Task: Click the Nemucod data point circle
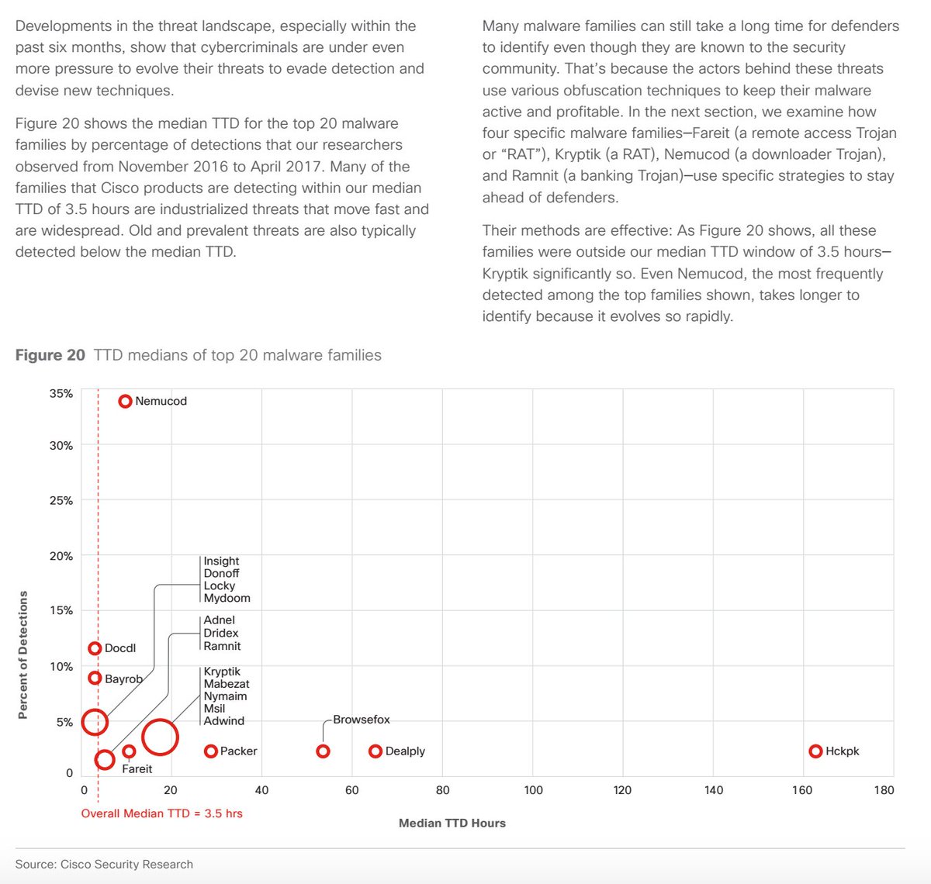click(x=125, y=401)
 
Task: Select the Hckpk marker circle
click(x=815, y=751)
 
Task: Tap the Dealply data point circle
click(x=376, y=751)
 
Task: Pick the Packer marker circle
click(x=210, y=751)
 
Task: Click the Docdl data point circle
click(x=95, y=648)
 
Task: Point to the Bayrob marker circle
click(x=95, y=678)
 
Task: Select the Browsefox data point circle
click(x=323, y=751)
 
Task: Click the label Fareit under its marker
click(x=137, y=768)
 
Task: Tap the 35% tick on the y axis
click(x=61, y=393)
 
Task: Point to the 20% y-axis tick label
click(x=61, y=556)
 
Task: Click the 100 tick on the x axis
click(x=533, y=789)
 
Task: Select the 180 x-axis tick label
click(x=884, y=789)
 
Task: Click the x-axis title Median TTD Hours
click(x=452, y=823)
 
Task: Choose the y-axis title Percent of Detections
click(x=22, y=654)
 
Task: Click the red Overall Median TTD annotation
click(x=161, y=813)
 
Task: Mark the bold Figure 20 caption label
click(x=50, y=355)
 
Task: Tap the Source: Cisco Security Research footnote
click(x=104, y=864)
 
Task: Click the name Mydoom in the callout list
click(x=227, y=598)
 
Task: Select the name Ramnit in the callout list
click(x=222, y=646)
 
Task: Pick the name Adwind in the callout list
click(x=223, y=720)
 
